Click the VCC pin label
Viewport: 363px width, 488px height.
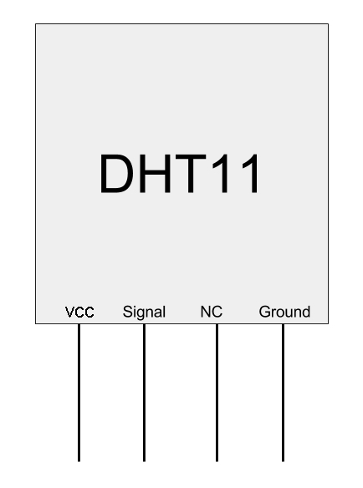(79, 312)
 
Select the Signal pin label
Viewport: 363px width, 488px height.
(144, 313)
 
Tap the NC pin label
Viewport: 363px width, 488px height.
(212, 312)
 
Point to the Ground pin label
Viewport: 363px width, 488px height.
(284, 312)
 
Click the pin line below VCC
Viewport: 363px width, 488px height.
(79, 393)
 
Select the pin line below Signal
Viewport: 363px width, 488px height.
(144, 393)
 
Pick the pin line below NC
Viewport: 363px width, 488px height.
(217, 393)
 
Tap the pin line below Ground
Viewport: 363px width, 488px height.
(283, 393)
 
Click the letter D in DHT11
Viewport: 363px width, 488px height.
(116, 173)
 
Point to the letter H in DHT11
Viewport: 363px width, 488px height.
(156, 173)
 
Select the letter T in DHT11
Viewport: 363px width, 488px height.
(191, 173)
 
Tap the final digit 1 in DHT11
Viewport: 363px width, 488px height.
(251, 173)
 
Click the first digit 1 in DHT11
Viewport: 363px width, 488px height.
(221, 173)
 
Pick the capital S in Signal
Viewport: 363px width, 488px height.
(127, 312)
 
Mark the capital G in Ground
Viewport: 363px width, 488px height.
(265, 312)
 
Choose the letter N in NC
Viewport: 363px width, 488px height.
(205, 312)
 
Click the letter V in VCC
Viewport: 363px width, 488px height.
(69, 312)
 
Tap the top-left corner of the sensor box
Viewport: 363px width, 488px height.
(36, 24)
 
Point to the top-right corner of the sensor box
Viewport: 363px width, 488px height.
(328, 24)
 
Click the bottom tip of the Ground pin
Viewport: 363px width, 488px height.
(283, 461)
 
